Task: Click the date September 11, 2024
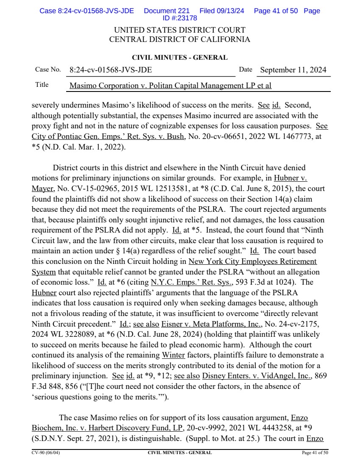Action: pos(293,70)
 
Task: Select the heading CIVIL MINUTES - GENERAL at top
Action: pos(180,58)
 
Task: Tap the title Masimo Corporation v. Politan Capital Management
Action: pos(170,86)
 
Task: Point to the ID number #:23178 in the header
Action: pos(180,18)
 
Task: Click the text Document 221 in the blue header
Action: pos(166,11)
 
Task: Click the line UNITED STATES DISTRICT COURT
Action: pos(180,31)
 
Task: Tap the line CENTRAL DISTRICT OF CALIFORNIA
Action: pos(180,40)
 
